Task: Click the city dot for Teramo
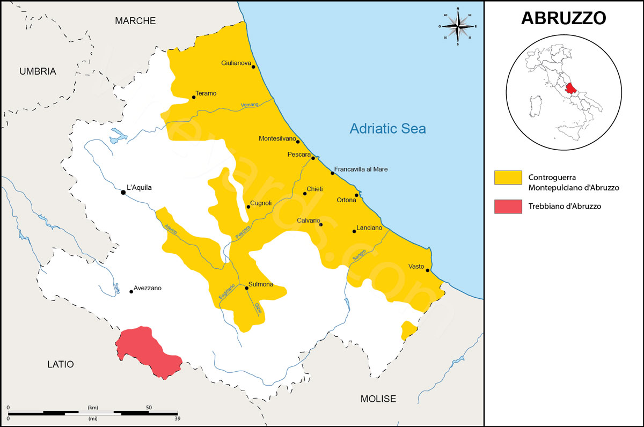194,97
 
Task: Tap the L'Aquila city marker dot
123,192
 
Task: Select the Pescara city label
299,154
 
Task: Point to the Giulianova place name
236,63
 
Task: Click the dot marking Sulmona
246,288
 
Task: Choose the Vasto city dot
428,270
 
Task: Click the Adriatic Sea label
387,129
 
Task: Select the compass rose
458,26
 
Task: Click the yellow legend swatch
508,178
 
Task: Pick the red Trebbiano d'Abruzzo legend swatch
508,206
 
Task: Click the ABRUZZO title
563,18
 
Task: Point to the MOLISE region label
378,399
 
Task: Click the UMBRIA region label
38,71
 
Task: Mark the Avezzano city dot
131,291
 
